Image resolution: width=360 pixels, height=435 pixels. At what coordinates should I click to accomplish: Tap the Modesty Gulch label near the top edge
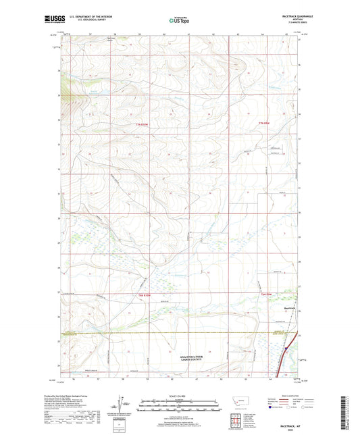[x=94, y=40]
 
